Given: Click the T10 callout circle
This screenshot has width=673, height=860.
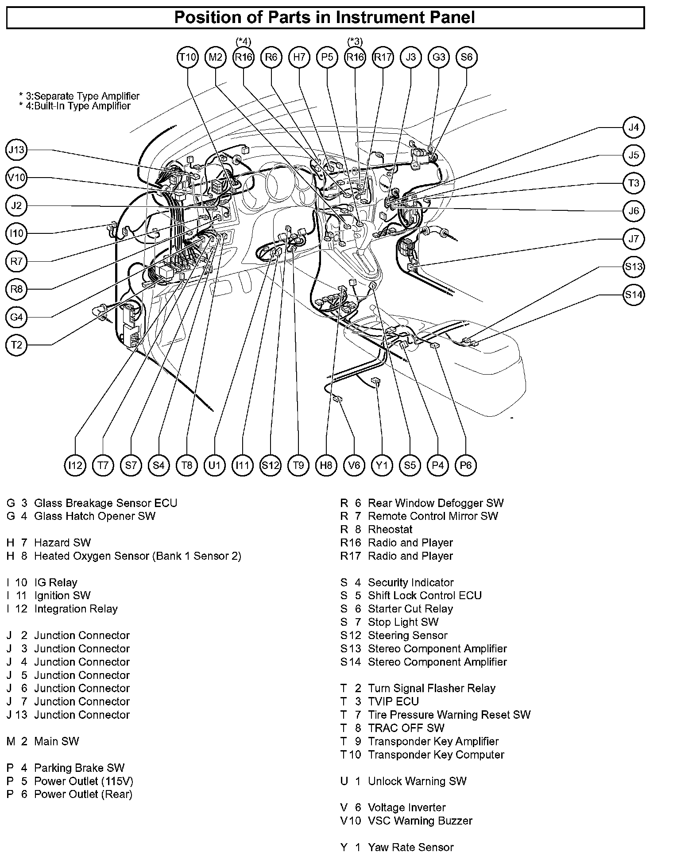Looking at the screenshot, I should coord(188,57).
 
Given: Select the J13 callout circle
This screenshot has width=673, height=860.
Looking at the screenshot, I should coord(17,150).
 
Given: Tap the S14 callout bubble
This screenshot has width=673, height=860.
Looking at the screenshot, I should coord(634,295).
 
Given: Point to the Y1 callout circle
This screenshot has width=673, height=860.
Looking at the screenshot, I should coord(382,465).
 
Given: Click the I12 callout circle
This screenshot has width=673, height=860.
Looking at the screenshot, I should coord(75,465).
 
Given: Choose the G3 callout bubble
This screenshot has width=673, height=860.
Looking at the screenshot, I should coord(439,57).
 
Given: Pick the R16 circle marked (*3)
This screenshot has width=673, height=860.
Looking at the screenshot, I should coord(355,57).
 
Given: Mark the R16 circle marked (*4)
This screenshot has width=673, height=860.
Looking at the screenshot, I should coord(244,57).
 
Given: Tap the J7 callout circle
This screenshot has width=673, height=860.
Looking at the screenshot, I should coord(634,239).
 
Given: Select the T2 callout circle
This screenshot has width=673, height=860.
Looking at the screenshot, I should coord(17,345).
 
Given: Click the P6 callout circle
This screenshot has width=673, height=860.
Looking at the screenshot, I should coord(465,465).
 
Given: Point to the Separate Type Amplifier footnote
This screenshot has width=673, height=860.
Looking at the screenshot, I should coord(79,96).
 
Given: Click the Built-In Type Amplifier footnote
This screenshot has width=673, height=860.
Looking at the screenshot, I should coord(75,106).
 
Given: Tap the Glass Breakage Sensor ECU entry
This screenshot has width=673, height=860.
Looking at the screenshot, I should coord(105,503).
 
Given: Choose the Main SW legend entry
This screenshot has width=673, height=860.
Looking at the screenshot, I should coord(56,741).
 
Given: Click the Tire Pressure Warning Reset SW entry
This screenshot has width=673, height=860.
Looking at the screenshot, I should coord(449,715).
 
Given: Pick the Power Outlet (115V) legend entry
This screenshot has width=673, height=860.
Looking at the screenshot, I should coord(83,781).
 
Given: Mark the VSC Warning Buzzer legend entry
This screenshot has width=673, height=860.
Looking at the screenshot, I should coord(420,821).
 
